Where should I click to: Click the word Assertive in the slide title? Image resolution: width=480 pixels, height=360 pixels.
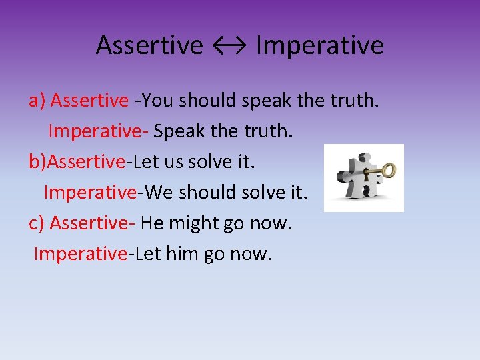(149, 45)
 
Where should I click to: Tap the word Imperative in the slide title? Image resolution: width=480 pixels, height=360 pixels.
(319, 45)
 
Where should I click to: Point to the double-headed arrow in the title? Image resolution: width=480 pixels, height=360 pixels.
(229, 45)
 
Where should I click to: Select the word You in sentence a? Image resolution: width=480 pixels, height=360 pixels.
(157, 101)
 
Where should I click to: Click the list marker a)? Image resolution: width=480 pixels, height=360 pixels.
(37, 101)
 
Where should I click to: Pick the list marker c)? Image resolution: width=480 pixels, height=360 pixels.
(37, 223)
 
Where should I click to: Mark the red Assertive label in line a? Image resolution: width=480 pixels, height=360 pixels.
(89, 101)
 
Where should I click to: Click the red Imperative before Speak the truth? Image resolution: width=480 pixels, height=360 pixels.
(97, 131)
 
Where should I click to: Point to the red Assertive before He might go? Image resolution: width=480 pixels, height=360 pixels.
(92, 223)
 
